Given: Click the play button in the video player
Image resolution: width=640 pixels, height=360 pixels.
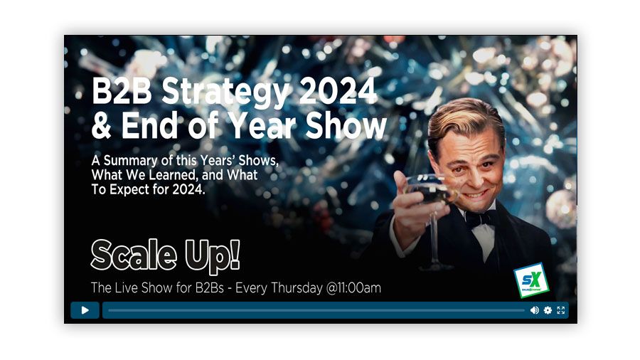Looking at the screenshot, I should click(x=85, y=310).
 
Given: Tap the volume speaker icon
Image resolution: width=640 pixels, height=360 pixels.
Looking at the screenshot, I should click(x=534, y=310).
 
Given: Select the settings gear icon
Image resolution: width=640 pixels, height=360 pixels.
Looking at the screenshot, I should click(x=548, y=310).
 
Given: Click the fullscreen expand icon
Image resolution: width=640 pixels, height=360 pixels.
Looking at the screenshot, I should click(x=561, y=310).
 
